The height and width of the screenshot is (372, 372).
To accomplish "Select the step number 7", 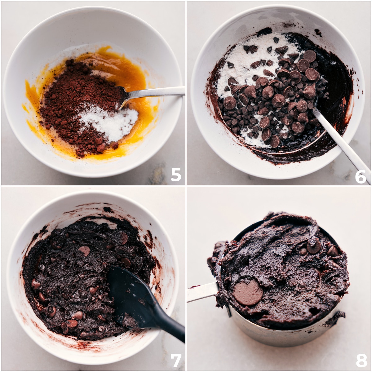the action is pyautogui.click(x=176, y=361).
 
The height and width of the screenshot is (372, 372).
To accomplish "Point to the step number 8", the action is pyautogui.click(x=361, y=360).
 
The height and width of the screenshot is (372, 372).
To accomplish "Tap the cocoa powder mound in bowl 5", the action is pyautogui.click(x=77, y=100).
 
